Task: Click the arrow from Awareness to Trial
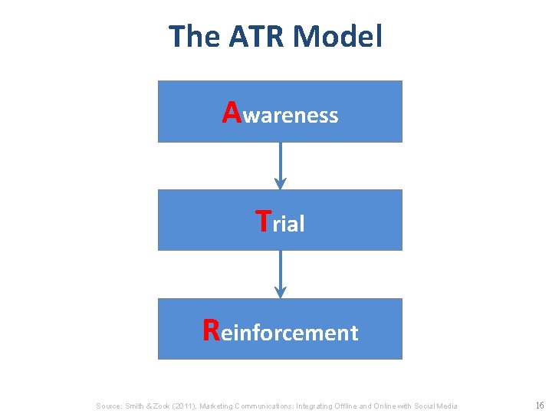[281, 163]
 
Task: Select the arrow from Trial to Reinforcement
[281, 272]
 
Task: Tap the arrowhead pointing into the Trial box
[281, 184]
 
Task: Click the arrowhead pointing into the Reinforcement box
[281, 293]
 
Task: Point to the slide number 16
[539, 405]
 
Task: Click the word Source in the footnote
[109, 406]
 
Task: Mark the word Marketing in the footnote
[217, 406]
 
